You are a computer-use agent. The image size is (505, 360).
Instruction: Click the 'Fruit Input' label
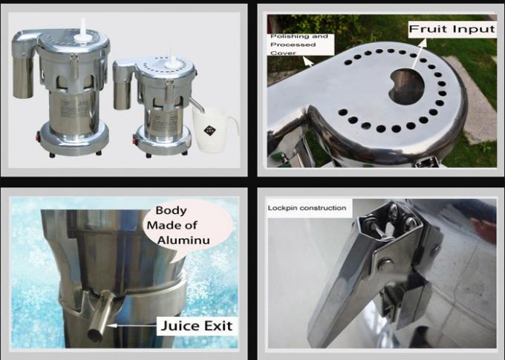tap(452, 29)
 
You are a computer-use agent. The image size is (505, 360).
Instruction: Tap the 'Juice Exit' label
tap(197, 326)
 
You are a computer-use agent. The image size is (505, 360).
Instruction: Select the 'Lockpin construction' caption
tap(307, 208)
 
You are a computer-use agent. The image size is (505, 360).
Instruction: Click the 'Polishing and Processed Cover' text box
tap(301, 45)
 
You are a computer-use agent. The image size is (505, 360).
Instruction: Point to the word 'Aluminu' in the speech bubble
tap(183, 240)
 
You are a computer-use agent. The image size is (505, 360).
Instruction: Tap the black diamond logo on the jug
tap(209, 131)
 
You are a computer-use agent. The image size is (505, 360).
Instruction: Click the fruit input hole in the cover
tap(406, 86)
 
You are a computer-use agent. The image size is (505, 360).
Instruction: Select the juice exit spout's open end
tap(96, 335)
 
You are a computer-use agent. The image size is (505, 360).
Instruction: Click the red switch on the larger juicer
tap(39, 137)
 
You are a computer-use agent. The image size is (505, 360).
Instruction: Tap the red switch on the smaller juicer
tap(134, 140)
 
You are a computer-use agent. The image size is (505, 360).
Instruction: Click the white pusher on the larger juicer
tap(83, 30)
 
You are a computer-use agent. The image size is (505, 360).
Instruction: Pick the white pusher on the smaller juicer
tap(171, 61)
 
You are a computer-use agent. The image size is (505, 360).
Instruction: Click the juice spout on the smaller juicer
tap(197, 105)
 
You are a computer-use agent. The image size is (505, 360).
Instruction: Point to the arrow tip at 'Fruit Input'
tap(426, 39)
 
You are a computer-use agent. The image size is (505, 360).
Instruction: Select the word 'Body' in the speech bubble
tap(171, 211)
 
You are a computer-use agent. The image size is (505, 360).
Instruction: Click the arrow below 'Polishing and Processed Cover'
tap(308, 61)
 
